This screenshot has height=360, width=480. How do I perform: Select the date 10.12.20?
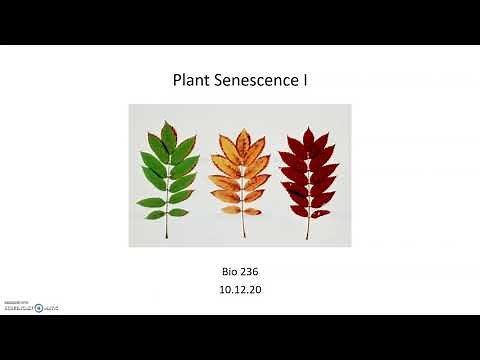pos(239,289)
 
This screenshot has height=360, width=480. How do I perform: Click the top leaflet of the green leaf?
pos(169,129)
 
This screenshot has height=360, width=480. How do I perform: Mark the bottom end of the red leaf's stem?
pos(307,237)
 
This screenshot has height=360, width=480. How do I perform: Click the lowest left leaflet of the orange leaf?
pos(226,210)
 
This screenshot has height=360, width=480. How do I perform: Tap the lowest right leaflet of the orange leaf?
pos(254,210)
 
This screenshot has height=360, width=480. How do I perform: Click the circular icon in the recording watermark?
pos(39,308)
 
